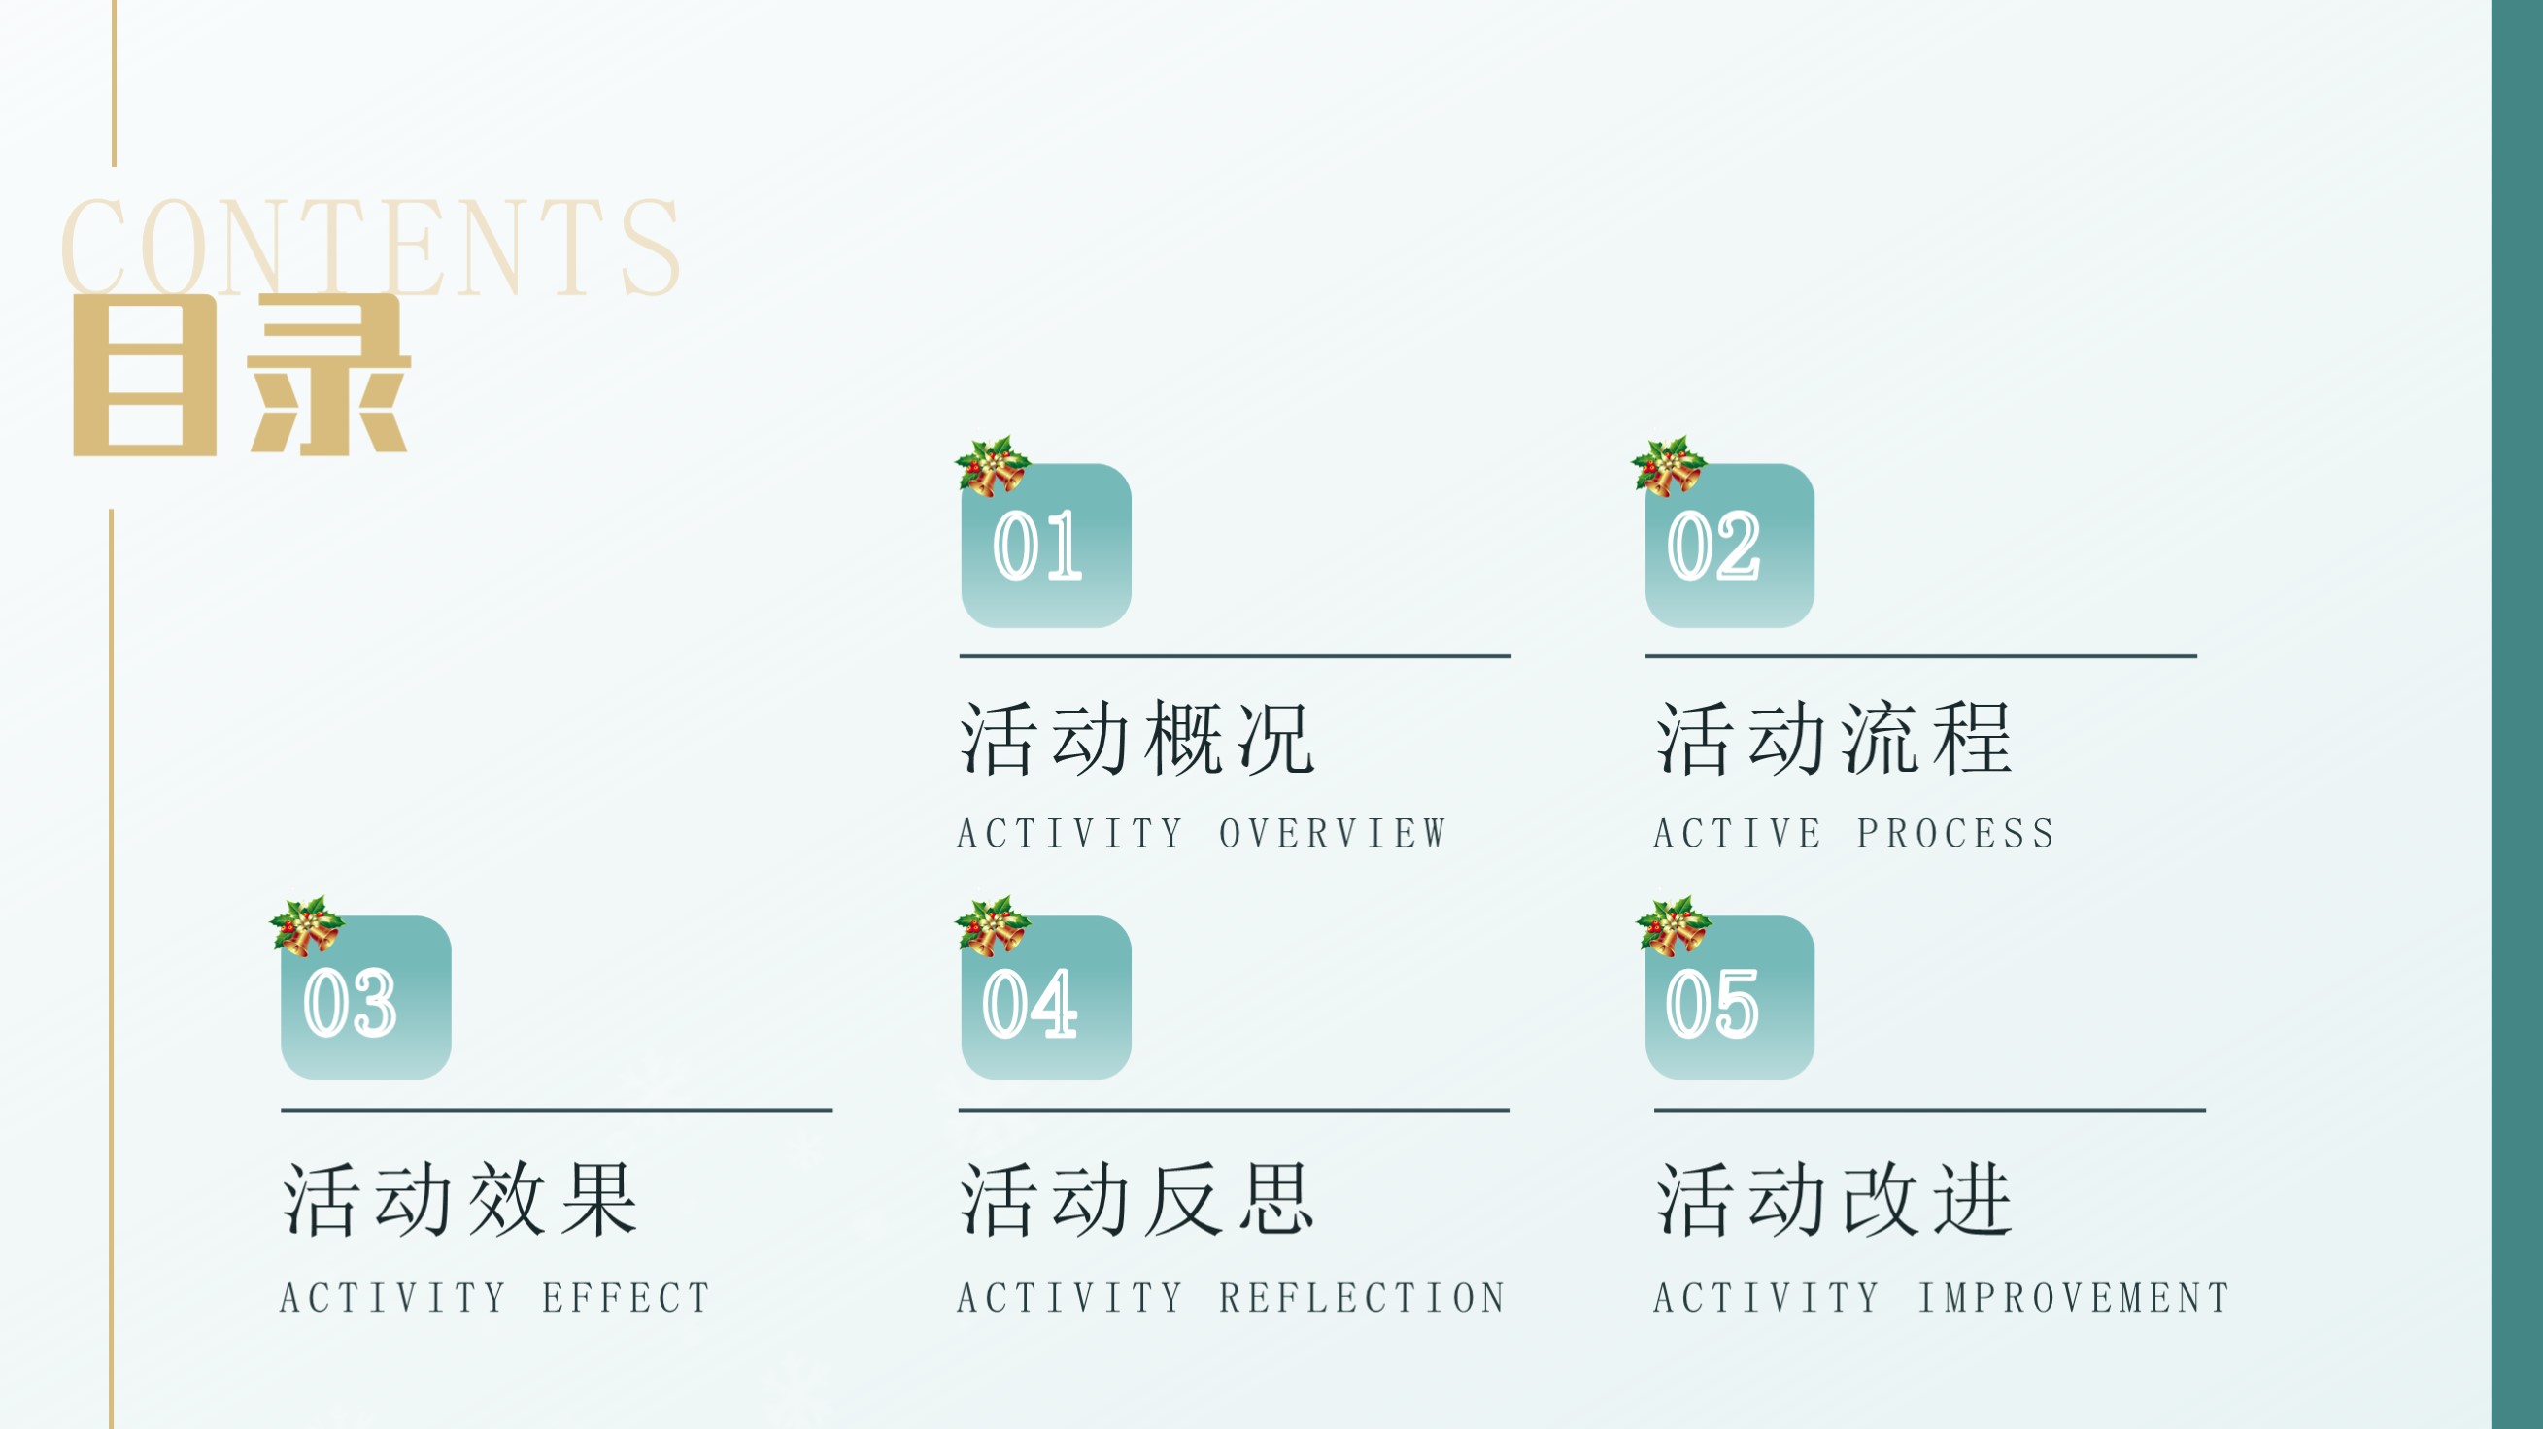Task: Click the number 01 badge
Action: [1045, 546]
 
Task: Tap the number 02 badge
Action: [1730, 546]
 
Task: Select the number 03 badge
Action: [365, 998]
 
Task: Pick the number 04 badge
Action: [1045, 998]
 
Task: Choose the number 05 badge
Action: [1730, 998]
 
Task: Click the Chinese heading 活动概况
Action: [1136, 738]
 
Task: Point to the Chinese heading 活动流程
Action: [1833, 738]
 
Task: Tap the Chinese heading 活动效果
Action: [460, 1199]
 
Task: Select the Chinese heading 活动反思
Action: [1136, 1199]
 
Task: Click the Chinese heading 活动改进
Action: [1833, 1199]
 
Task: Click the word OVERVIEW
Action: [1333, 834]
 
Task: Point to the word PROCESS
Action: [1955, 834]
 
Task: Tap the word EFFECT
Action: [626, 1298]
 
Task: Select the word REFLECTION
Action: [1362, 1298]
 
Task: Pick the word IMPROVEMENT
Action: [2073, 1298]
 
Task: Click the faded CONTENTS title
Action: [370, 247]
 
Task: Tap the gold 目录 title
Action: [242, 375]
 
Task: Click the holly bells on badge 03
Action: [307, 926]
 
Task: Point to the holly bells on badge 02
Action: [1669, 466]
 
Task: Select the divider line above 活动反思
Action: [1234, 1111]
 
